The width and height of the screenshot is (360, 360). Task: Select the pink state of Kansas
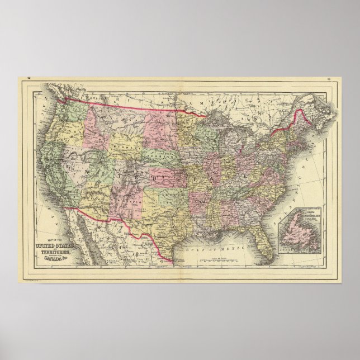pos(168,176)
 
